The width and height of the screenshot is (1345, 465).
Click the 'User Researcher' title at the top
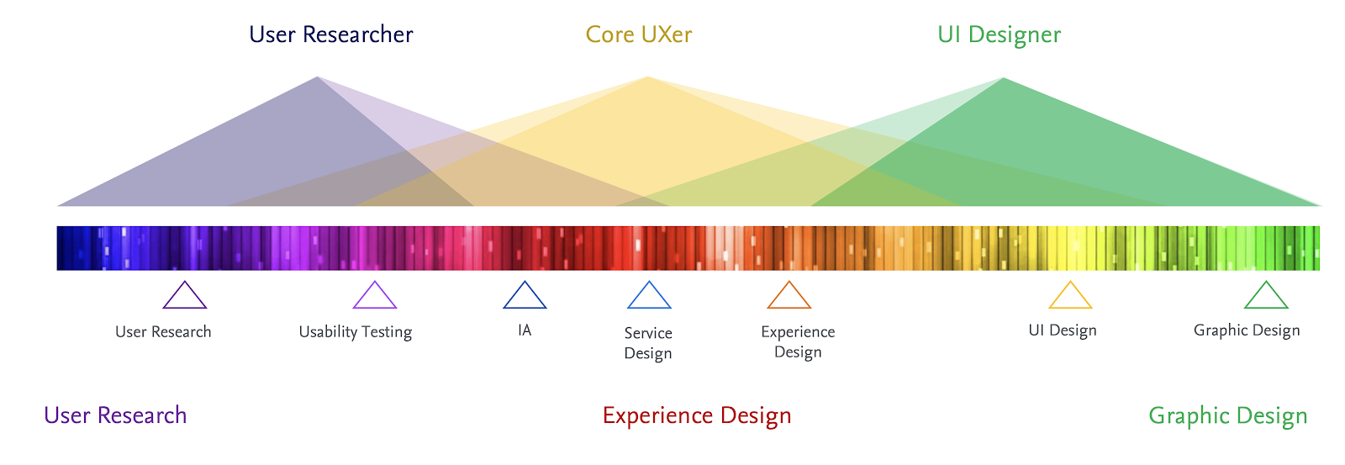tap(330, 34)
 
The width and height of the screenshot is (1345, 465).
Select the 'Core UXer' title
tap(638, 34)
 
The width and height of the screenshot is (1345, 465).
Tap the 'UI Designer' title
tap(999, 34)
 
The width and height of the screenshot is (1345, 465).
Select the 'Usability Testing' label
tap(356, 332)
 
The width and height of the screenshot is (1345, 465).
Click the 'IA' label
tap(525, 330)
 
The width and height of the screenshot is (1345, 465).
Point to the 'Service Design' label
tap(648, 343)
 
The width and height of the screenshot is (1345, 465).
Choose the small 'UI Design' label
tap(1063, 330)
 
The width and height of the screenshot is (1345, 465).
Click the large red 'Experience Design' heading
tap(697, 415)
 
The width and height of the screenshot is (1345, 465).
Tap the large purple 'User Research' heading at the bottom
tap(115, 415)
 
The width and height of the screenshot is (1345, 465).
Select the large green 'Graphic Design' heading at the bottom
tap(1227, 415)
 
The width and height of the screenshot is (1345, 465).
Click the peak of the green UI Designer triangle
tap(1003, 79)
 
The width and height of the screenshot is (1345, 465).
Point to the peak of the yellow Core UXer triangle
tap(647, 78)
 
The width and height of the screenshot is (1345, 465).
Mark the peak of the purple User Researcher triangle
tap(317, 78)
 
